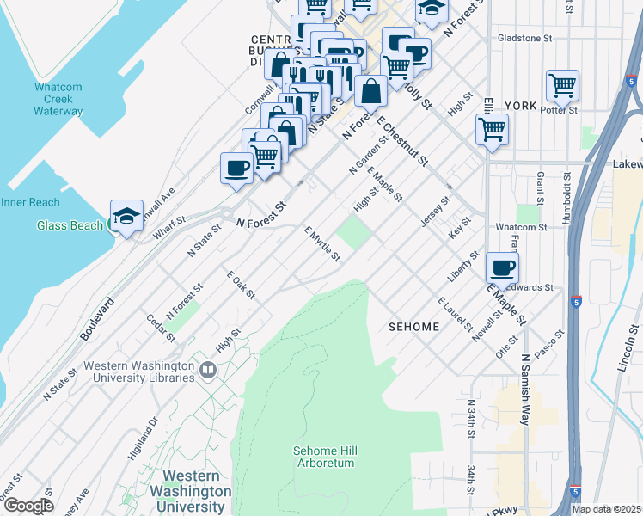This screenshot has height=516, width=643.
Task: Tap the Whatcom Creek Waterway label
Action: pyautogui.click(x=58, y=99)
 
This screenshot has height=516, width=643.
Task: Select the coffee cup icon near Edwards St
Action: pyautogui.click(x=502, y=267)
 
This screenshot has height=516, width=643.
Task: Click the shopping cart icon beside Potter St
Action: pyautogui.click(x=561, y=86)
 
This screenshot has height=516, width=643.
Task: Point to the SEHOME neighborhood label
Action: pyautogui.click(x=413, y=327)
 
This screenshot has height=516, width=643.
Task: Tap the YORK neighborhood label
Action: pyautogui.click(x=521, y=106)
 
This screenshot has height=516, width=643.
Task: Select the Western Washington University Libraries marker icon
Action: pyautogui.click(x=207, y=371)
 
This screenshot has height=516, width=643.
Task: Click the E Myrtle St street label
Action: pyautogui.click(x=322, y=243)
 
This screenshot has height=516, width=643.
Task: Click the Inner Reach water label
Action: pyautogui.click(x=29, y=202)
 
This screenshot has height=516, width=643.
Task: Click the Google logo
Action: pyautogui.click(x=28, y=506)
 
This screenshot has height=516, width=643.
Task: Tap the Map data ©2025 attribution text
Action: pyautogui.click(x=606, y=509)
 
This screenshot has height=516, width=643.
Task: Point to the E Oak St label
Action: pyautogui.click(x=241, y=285)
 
